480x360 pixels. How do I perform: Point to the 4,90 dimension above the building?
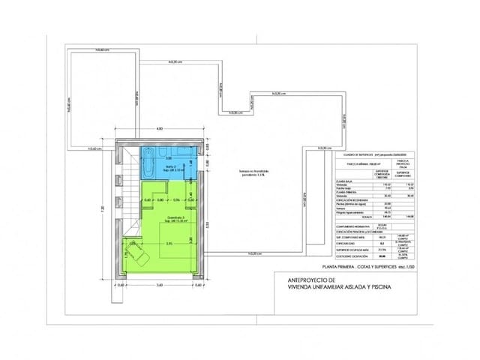click(x=159, y=129)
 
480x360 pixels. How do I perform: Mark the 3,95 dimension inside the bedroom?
click(x=169, y=243)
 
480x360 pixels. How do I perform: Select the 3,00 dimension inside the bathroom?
click(x=168, y=159)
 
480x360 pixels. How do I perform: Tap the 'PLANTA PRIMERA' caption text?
click(x=341, y=266)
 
